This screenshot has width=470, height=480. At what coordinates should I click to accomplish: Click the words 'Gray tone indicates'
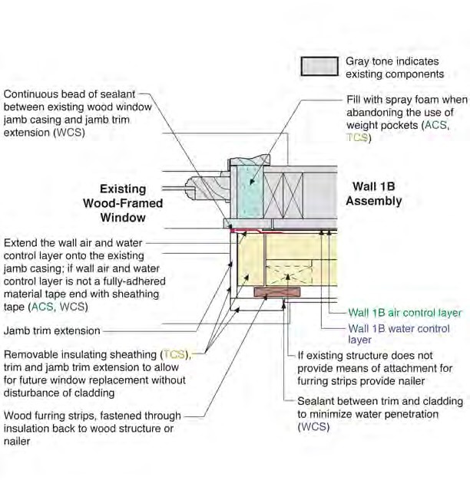[x=392, y=61]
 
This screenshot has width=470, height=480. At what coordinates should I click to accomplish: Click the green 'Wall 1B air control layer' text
[x=405, y=313]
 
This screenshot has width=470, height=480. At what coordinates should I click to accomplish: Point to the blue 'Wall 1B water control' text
[x=399, y=328]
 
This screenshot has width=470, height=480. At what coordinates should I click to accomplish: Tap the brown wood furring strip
[x=274, y=292]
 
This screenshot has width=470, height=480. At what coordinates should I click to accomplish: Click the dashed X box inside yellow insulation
[x=292, y=272]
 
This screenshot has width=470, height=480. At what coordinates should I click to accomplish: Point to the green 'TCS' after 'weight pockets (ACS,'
[x=358, y=138]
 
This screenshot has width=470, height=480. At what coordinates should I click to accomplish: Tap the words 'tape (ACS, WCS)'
[x=46, y=307]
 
